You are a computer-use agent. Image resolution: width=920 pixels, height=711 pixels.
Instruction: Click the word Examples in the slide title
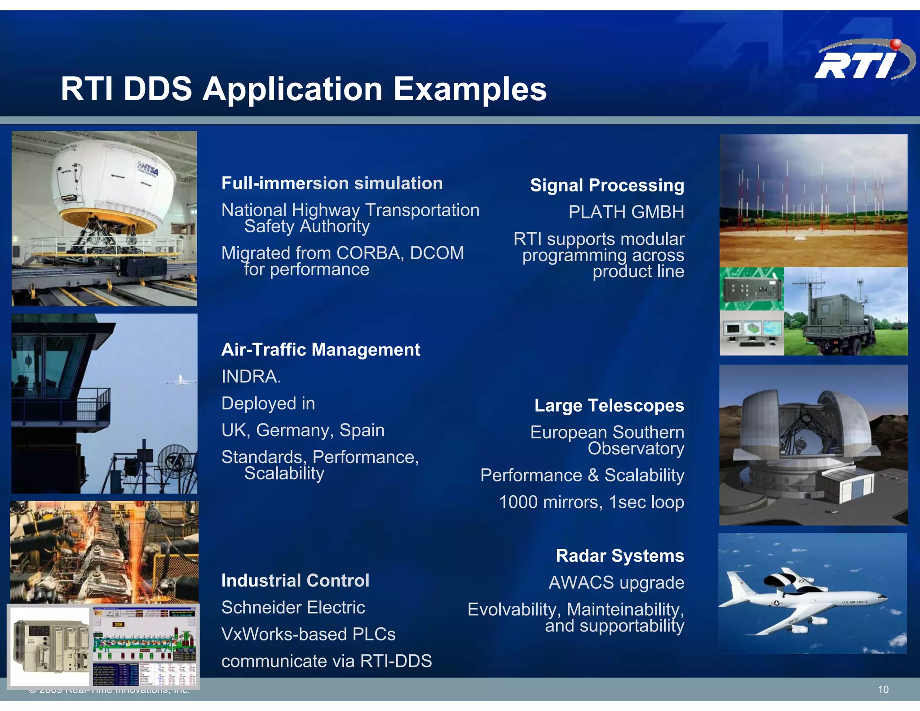coord(470,89)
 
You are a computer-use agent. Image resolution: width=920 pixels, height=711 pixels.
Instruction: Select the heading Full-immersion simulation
coord(332,183)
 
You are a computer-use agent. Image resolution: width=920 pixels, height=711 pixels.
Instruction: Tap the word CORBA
coord(369,253)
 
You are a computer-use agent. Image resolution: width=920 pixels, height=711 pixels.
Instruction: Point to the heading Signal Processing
coord(606,185)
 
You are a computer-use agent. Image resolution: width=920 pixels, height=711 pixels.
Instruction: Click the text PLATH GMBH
coord(626,212)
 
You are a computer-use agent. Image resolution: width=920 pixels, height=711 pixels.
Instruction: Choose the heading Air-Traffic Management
coord(320,350)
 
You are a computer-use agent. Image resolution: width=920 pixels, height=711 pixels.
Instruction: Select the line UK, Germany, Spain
coord(303,431)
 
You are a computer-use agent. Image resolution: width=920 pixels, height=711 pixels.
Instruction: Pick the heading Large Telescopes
coord(609,405)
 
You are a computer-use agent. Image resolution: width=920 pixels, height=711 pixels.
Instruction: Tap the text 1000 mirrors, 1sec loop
coord(591,502)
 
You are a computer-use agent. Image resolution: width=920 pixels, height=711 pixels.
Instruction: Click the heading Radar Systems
coord(619,556)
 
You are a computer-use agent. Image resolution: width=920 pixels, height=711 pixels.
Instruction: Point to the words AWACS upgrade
coord(616,583)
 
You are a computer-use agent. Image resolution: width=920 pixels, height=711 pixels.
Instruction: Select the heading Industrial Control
coord(295,581)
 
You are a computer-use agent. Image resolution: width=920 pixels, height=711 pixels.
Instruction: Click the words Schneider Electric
coord(293,608)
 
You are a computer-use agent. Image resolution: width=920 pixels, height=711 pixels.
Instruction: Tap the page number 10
coord(883,689)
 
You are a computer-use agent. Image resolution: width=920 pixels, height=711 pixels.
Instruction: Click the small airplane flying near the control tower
coord(181,381)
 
